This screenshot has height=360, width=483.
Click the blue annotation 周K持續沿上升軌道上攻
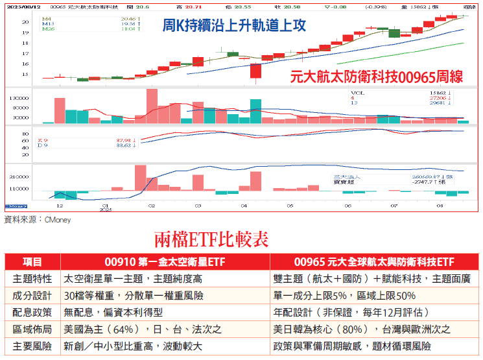[x=234, y=27]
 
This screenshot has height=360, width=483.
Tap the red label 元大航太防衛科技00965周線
[x=377, y=77]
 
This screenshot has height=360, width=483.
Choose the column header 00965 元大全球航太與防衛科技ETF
[x=374, y=262]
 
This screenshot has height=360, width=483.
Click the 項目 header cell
[x=32, y=262]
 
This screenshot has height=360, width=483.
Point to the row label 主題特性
[x=32, y=279]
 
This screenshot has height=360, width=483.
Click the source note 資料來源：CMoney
[x=38, y=220]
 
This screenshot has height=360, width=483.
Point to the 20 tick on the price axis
[x=25, y=22]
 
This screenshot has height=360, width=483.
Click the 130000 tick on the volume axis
[x=21, y=97]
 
